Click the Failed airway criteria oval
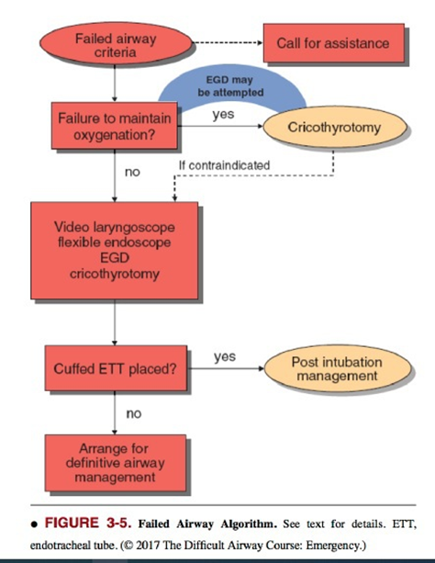[x=116, y=43]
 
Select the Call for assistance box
[x=334, y=43]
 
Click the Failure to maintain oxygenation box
[x=114, y=126]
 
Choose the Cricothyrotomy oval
[x=335, y=127]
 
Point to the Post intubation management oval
[x=338, y=368]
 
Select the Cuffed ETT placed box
[x=116, y=368]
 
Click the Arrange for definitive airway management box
[x=116, y=463]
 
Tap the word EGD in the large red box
[x=115, y=258]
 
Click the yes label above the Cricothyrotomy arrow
[x=223, y=115]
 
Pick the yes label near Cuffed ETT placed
[x=225, y=356]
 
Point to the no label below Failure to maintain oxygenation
[x=132, y=172]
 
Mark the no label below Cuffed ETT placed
[x=134, y=413]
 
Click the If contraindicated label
[x=224, y=165]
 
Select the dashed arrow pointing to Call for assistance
[x=228, y=43]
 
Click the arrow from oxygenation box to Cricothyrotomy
[x=220, y=126]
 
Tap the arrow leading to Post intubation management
[x=226, y=368]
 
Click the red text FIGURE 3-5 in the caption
[x=87, y=523]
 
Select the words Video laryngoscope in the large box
[x=115, y=227]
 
